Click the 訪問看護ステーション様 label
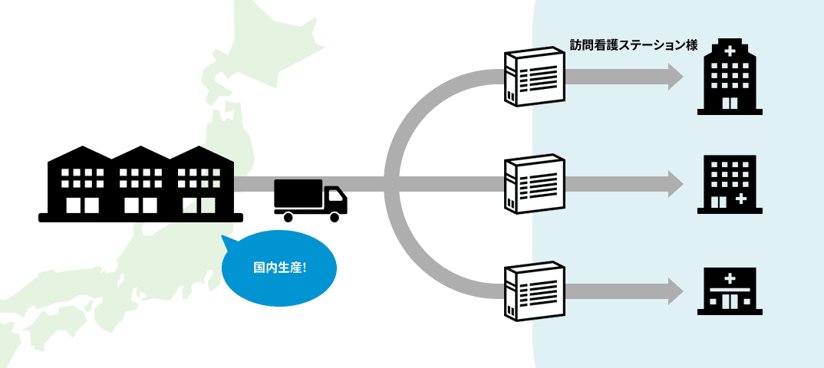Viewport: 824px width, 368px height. (x=633, y=45)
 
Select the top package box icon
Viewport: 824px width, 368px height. (x=535, y=77)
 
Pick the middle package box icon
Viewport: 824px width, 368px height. (x=535, y=184)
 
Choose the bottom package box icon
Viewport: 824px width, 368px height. (x=535, y=291)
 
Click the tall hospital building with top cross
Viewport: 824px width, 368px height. (x=730, y=77)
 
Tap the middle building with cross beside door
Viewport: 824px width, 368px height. (x=730, y=184)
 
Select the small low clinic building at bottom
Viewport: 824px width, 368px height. (x=730, y=291)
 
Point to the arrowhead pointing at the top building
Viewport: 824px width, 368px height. (x=675, y=77)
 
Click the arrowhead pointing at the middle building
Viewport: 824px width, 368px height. (x=675, y=184)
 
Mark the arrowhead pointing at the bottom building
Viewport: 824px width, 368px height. (x=675, y=291)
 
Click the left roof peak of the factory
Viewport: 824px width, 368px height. (x=80, y=149)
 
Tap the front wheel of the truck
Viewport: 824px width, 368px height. (x=334, y=217)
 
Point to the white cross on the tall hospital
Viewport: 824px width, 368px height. (x=730, y=51)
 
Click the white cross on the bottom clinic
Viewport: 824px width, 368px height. (x=730, y=278)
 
